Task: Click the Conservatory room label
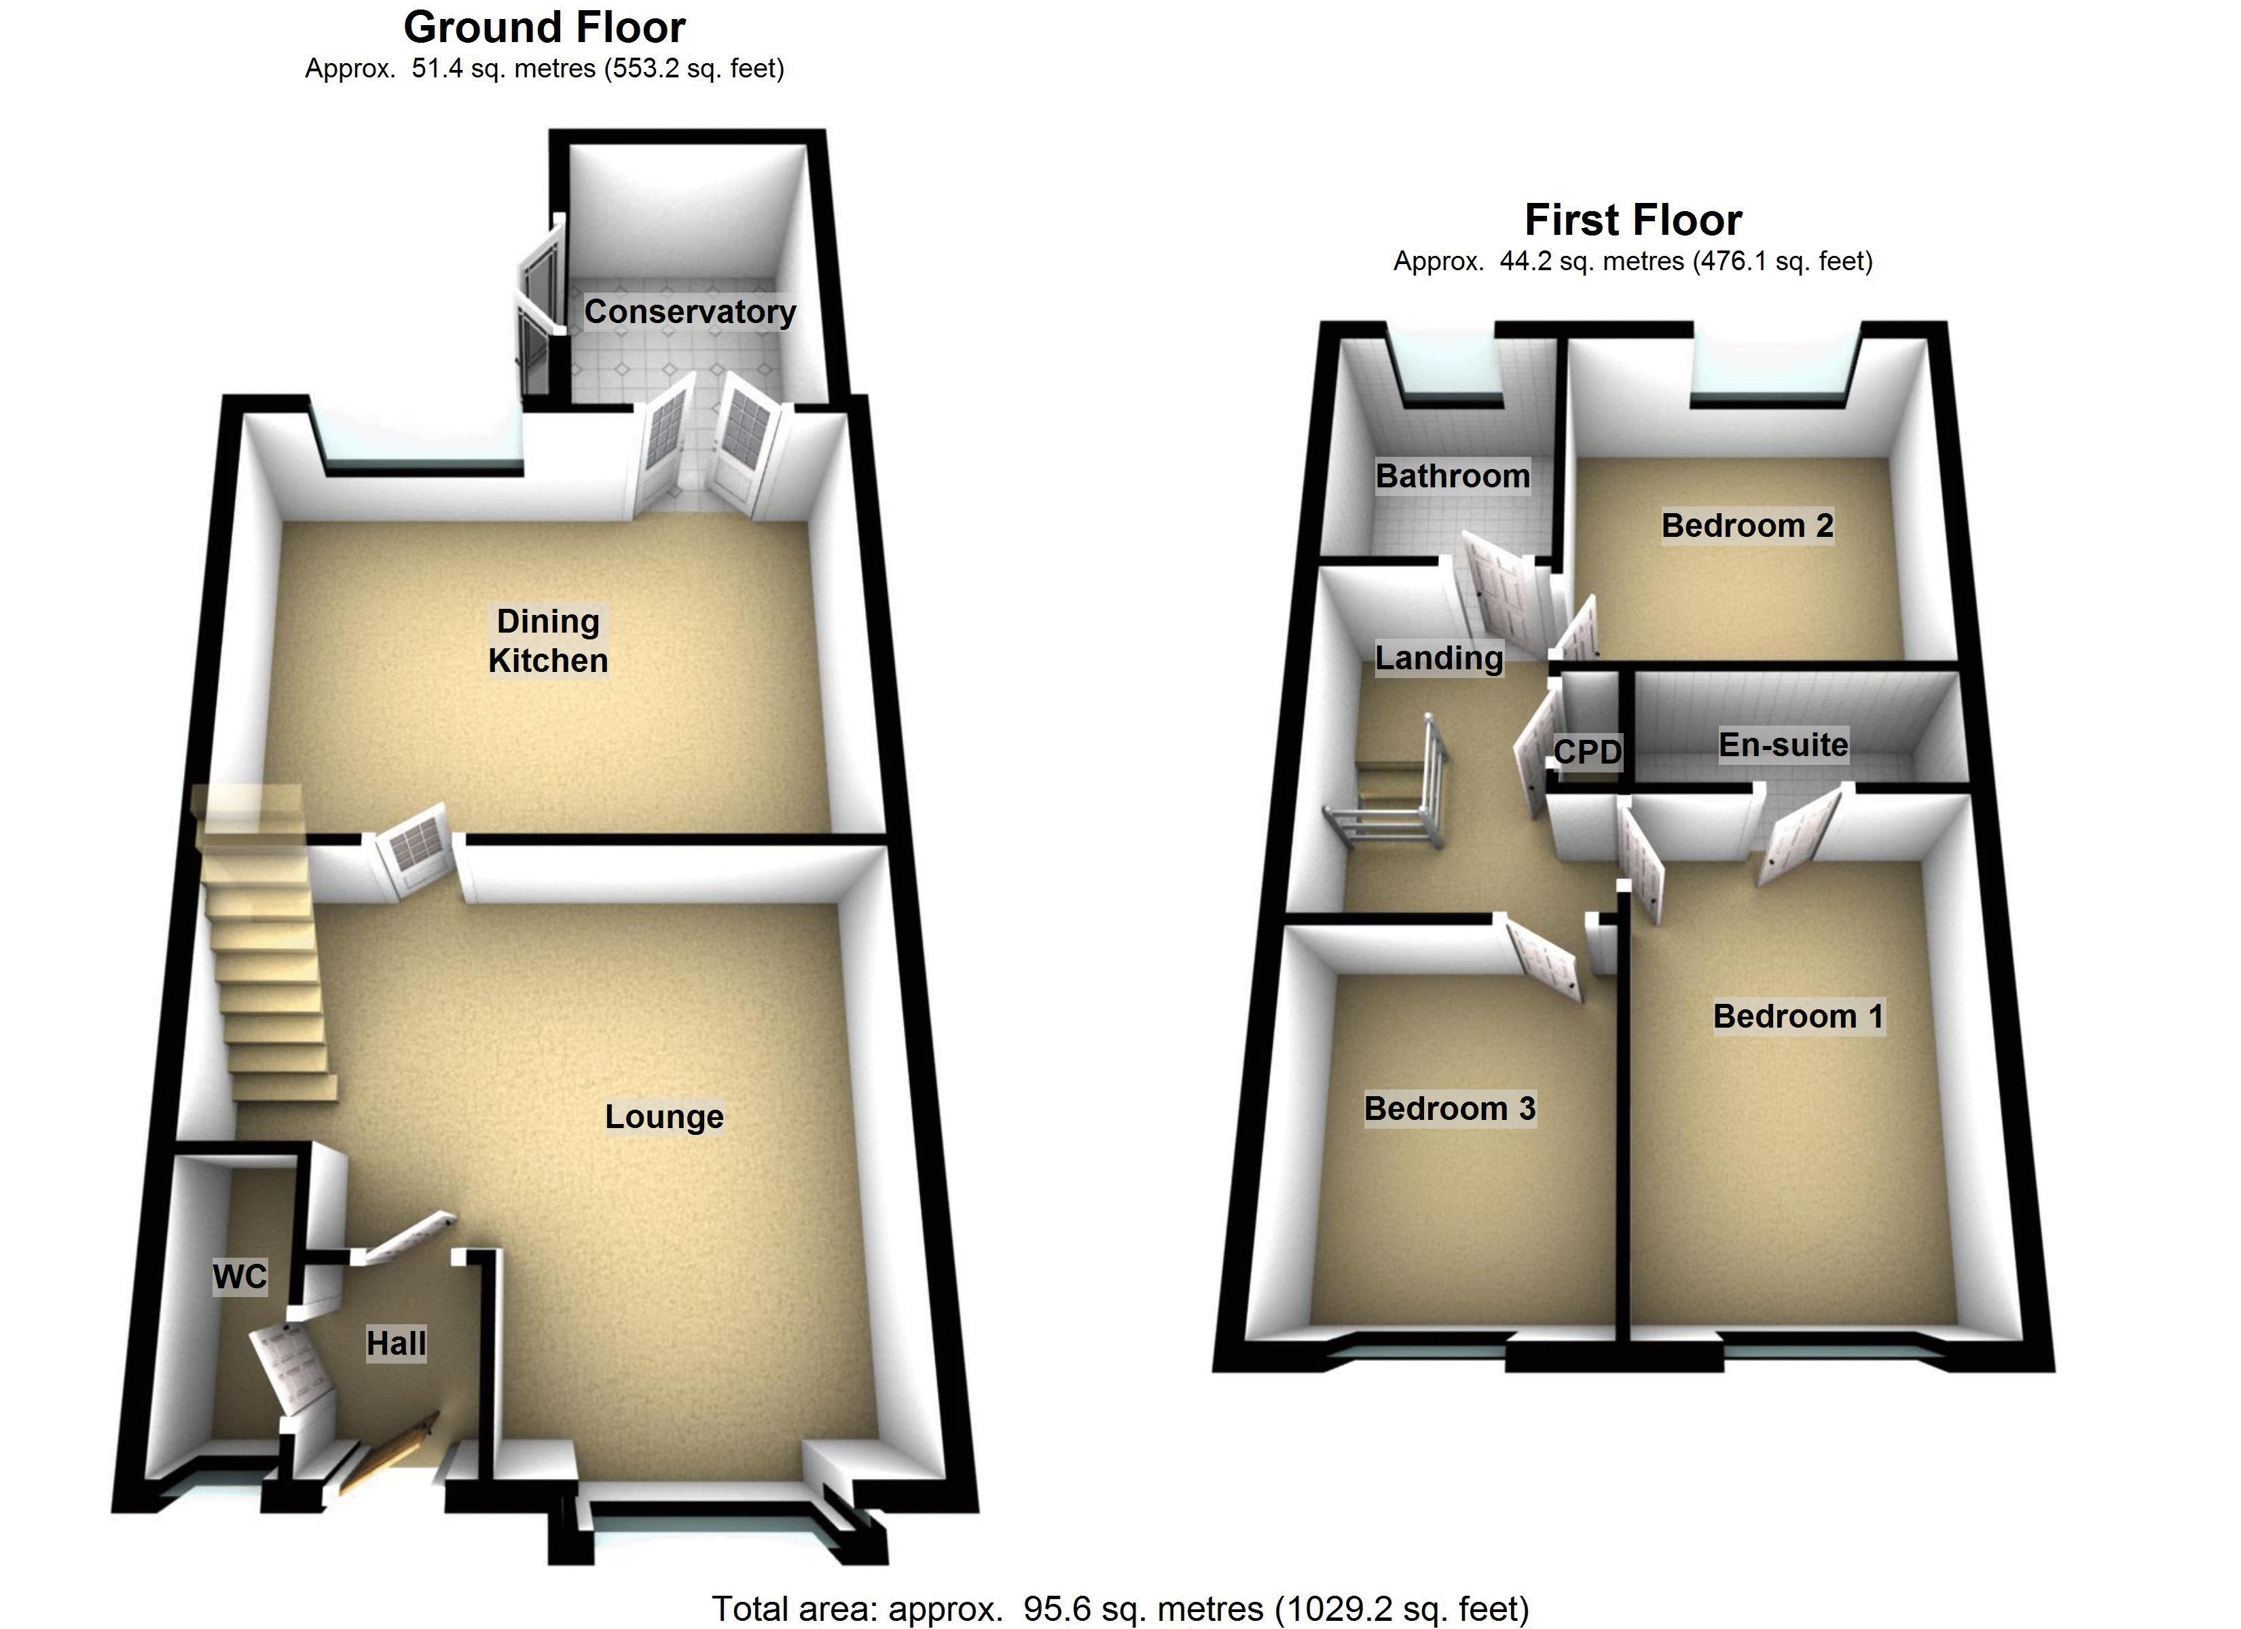point(690,312)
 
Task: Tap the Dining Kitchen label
point(549,641)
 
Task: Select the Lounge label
point(664,1117)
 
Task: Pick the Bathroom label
point(1453,476)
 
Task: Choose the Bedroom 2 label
point(1747,525)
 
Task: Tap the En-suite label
point(1783,745)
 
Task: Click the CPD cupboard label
point(1587,752)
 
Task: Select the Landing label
point(1439,658)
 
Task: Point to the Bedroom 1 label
point(1798,1017)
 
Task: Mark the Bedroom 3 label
point(1450,1108)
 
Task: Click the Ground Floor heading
point(545,28)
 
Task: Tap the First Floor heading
point(1633,221)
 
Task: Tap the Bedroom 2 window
point(1768,386)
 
